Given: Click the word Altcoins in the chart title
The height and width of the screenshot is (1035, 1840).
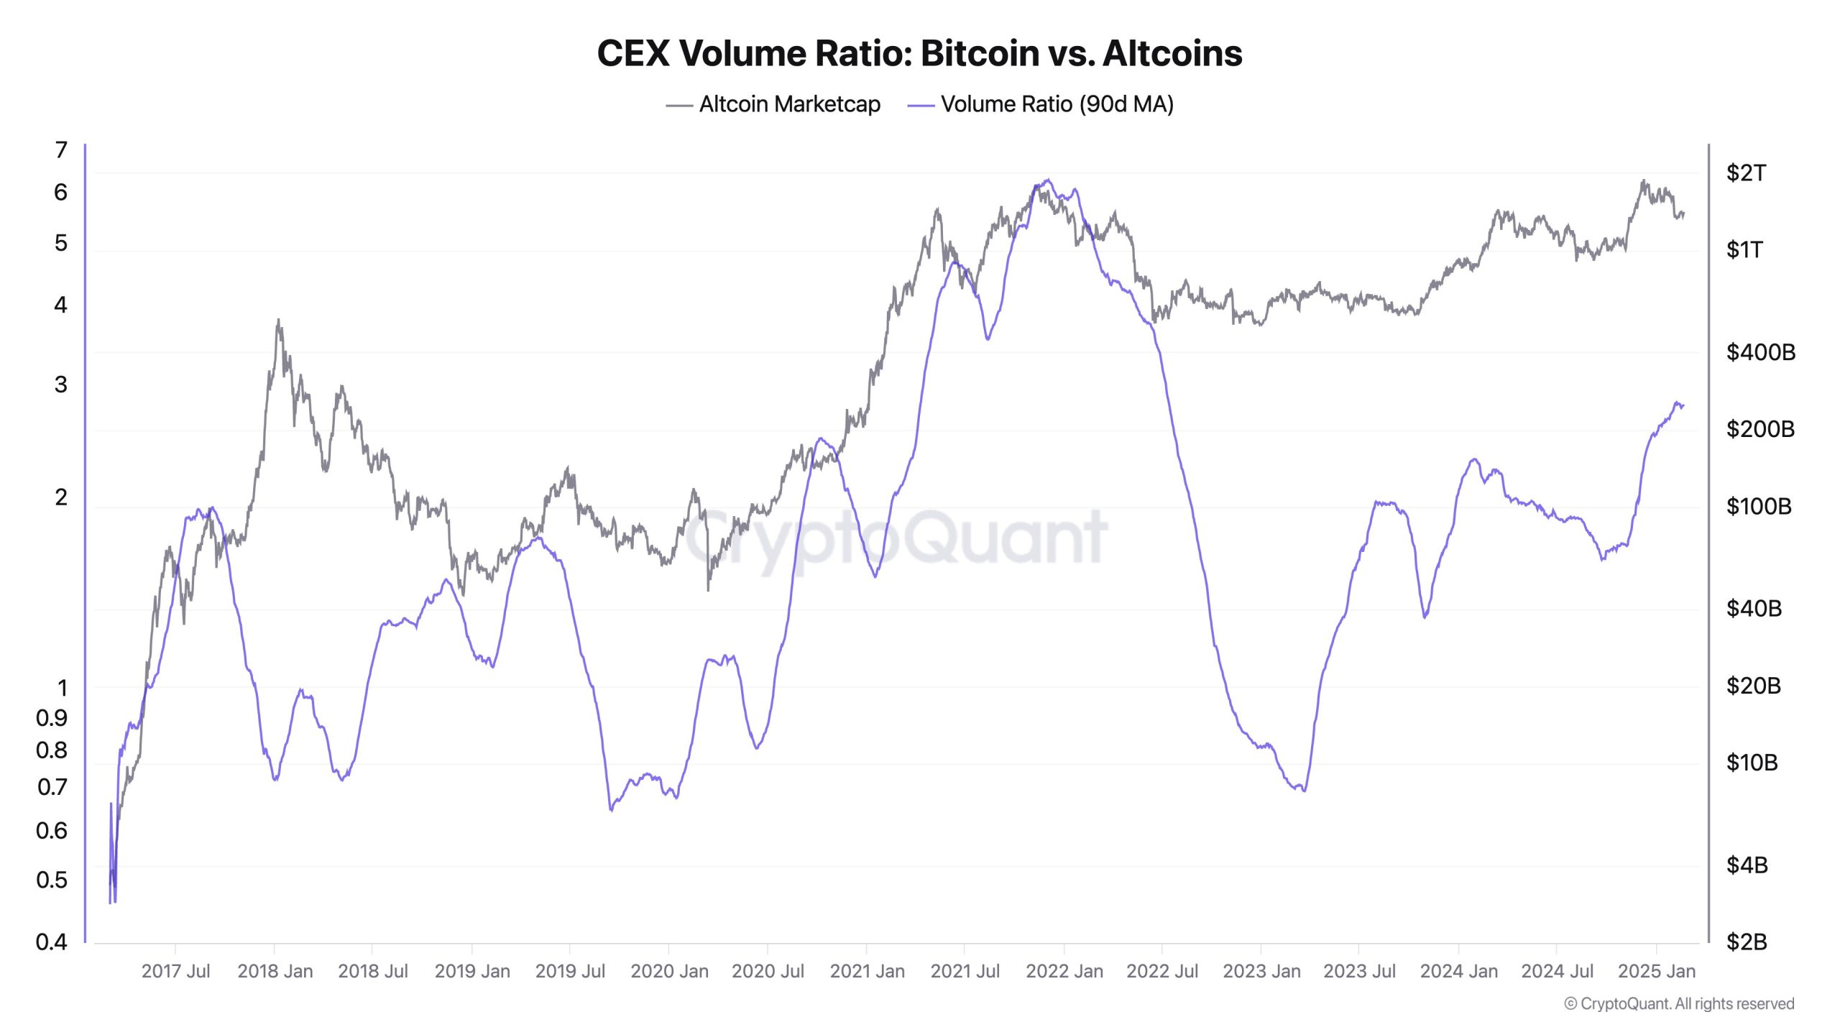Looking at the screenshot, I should (1172, 54).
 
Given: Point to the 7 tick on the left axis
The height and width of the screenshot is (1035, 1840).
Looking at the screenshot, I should (61, 150).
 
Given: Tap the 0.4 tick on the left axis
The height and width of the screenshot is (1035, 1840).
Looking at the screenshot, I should (52, 942).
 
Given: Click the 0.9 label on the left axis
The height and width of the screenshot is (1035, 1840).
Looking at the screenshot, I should (52, 717).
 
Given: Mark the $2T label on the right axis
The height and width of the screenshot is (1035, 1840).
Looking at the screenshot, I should (1746, 173).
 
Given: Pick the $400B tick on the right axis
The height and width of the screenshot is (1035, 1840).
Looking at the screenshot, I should (1760, 352).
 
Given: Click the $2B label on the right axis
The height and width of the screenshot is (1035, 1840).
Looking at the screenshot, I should (1747, 942).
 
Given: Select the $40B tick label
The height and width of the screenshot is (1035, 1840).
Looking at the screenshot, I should (1754, 609).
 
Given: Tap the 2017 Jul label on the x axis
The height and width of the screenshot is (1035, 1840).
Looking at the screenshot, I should (175, 972).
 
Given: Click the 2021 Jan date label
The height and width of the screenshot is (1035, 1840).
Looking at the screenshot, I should (867, 972).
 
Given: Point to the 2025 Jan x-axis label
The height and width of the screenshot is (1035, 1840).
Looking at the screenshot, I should (1656, 972).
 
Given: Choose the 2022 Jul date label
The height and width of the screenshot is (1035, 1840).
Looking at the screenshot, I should (1162, 972).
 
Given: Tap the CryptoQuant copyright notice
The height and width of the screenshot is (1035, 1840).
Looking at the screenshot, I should (1679, 1004).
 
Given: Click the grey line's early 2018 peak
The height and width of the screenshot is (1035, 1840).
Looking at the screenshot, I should (278, 321).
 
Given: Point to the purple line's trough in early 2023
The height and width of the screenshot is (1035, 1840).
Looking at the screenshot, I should (1303, 791).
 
